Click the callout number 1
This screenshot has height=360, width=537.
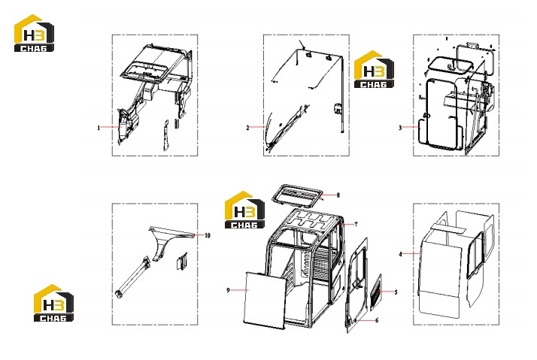point(99,128)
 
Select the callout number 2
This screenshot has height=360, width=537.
point(247,128)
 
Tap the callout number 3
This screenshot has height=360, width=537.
point(400,128)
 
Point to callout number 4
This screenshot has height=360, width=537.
point(400,254)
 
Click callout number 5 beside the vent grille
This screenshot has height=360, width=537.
point(396,292)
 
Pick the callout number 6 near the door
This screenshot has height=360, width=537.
point(377,321)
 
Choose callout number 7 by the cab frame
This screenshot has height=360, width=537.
point(356,225)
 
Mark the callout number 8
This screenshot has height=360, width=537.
point(338,195)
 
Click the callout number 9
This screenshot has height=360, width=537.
point(228,291)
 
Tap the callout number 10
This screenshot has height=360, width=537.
point(208,235)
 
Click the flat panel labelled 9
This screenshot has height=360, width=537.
point(265,301)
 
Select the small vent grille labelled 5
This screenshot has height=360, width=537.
point(376,292)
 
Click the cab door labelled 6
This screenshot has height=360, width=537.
point(356,285)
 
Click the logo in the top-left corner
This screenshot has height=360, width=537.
point(34,33)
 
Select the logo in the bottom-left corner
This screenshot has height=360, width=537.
point(53,303)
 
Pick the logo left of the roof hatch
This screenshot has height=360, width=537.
point(244,210)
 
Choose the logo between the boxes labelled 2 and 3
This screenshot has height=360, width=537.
point(374,69)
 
